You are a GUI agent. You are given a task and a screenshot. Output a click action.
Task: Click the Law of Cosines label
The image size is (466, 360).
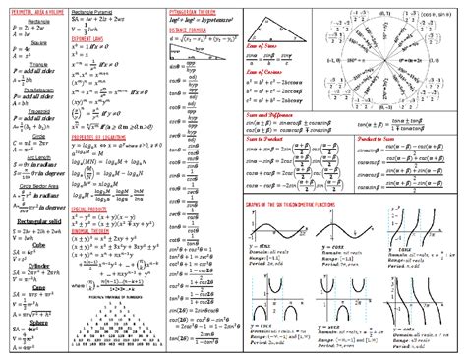[x=265, y=72]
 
